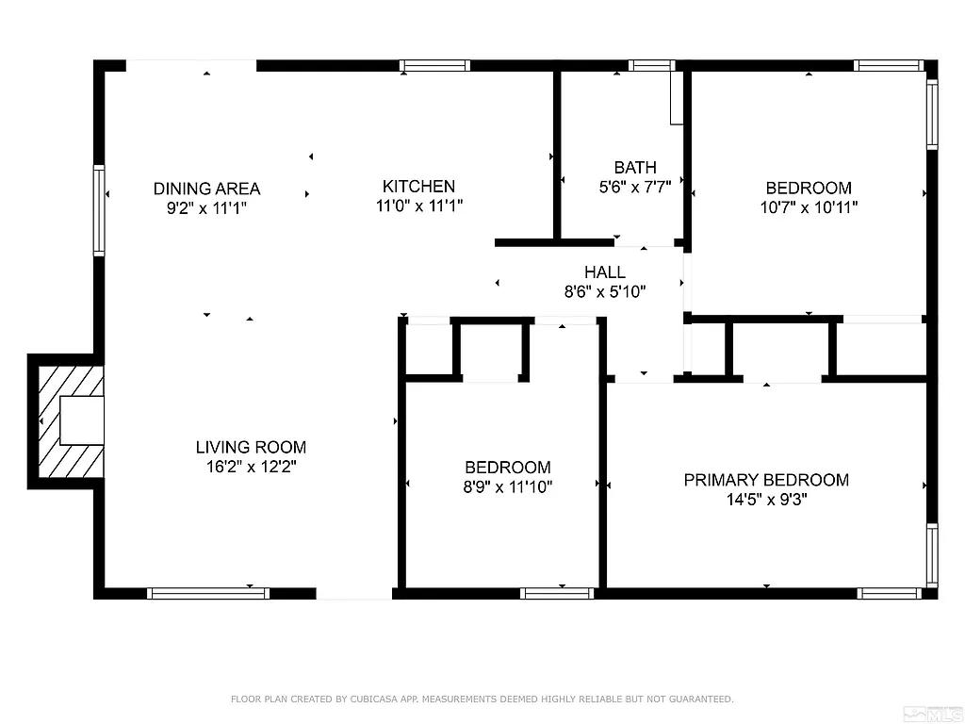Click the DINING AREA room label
tap(206, 189)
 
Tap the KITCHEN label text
tap(418, 187)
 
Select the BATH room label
tap(635, 168)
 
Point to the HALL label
tap(604, 272)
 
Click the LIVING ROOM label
tap(251, 447)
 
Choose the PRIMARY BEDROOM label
tap(766, 480)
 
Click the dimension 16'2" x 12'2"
tap(251, 466)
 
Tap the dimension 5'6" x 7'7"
tap(635, 187)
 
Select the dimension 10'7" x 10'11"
tap(809, 206)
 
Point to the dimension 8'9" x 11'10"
tap(507, 486)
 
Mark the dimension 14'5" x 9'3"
tap(766, 500)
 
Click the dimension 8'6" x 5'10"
tap(604, 292)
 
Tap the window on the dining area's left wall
tap(99, 210)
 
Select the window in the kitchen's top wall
tap(434, 66)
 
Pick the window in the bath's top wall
tap(651, 66)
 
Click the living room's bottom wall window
tap(208, 593)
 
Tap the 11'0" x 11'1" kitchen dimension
tap(418, 205)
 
